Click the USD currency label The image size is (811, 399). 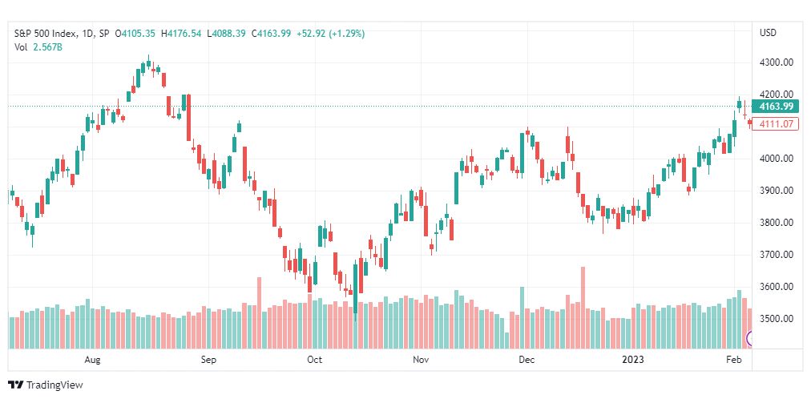(x=768, y=33)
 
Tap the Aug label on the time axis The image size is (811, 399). (x=92, y=360)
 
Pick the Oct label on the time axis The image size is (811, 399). (x=314, y=360)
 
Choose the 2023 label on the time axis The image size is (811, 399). (x=634, y=360)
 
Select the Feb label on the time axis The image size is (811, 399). (x=733, y=360)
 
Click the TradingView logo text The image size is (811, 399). (x=54, y=385)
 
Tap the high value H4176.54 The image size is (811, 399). (x=181, y=34)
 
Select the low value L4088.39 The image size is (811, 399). (x=226, y=34)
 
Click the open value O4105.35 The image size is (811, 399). (x=135, y=34)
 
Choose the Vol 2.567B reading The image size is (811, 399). (x=38, y=46)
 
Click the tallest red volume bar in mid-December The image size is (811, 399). (x=583, y=308)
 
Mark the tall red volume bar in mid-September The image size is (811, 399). (x=259, y=313)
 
